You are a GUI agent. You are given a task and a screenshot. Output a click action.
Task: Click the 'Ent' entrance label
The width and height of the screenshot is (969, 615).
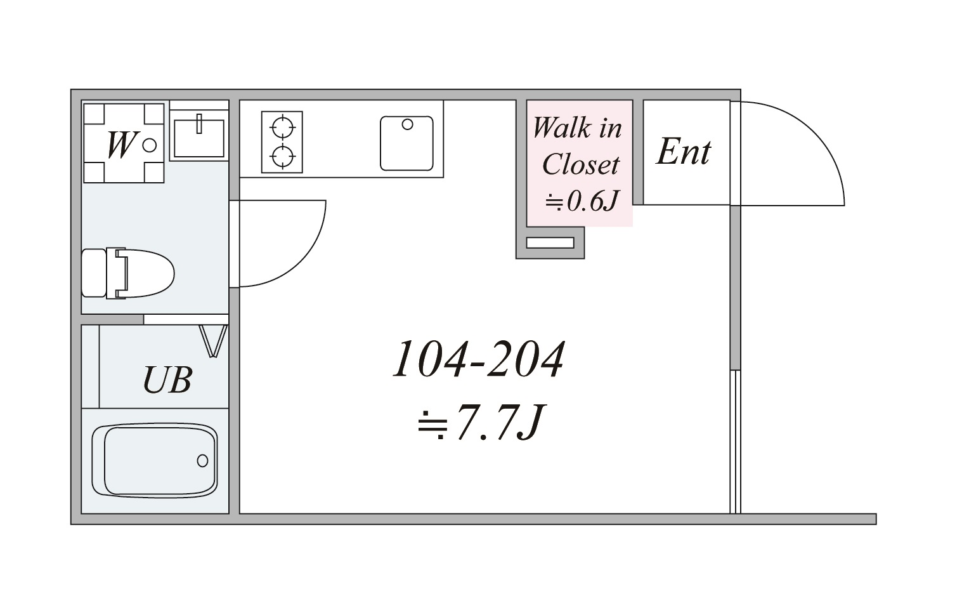coord(684,152)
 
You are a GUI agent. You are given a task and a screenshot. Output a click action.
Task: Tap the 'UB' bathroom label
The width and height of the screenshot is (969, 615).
coord(167,380)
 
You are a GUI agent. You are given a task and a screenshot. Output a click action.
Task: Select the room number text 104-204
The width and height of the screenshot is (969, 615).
coord(479,359)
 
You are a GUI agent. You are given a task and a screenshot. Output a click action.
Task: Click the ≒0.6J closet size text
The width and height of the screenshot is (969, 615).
coord(582,201)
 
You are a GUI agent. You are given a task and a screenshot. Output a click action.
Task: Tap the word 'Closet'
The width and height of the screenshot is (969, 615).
coord(581,164)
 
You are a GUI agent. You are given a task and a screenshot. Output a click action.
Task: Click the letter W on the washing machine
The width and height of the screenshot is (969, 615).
coord(121,145)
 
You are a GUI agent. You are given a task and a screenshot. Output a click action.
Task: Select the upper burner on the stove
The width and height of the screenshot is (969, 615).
coord(282,127)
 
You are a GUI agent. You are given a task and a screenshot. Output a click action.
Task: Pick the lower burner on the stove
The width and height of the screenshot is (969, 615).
coord(282,155)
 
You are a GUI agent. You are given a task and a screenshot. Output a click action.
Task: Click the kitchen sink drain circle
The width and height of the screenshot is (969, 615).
coord(407,124)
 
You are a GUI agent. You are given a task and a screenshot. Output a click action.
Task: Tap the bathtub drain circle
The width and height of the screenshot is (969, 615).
coord(202,461)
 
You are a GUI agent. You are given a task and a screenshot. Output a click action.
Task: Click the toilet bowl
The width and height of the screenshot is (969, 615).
coord(145,274)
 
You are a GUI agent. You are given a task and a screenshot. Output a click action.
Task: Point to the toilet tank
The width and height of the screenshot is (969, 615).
coord(94,273)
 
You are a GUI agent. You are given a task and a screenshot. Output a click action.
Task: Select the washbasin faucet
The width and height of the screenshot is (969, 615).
coord(199,124)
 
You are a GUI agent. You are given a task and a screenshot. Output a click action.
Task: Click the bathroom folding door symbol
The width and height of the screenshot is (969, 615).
coord(213,341)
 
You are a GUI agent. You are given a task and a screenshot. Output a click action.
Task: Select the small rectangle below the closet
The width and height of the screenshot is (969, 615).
coord(550,243)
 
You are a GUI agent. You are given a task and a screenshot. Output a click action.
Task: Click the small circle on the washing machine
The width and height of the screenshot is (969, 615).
coord(149,145)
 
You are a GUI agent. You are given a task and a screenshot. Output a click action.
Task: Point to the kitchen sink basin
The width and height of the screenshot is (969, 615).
coord(406,143)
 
